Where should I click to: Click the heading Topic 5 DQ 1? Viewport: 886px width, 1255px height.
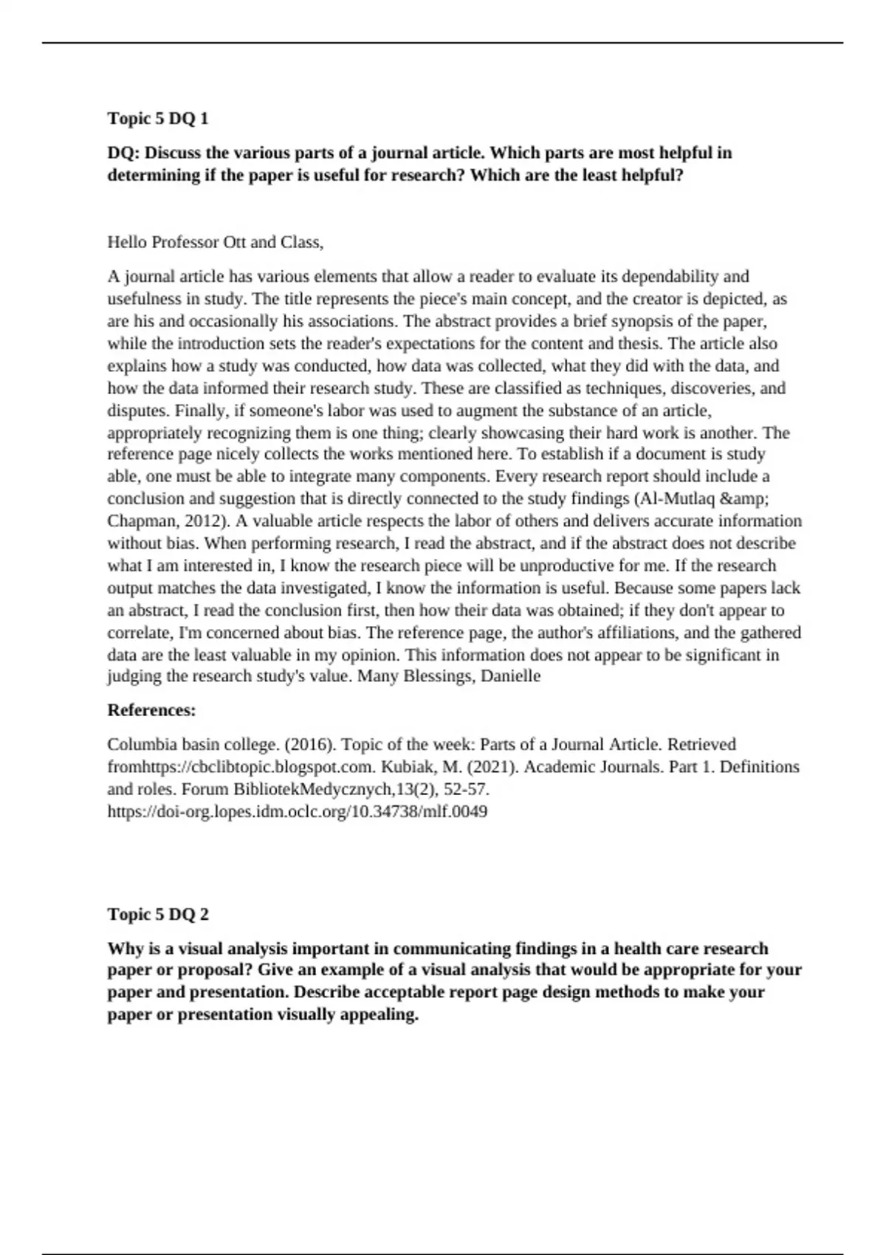158,118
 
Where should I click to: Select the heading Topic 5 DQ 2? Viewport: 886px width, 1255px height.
158,914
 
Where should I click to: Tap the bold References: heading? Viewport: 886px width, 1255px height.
151,710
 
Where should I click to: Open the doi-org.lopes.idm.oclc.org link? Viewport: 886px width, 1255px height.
297,811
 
